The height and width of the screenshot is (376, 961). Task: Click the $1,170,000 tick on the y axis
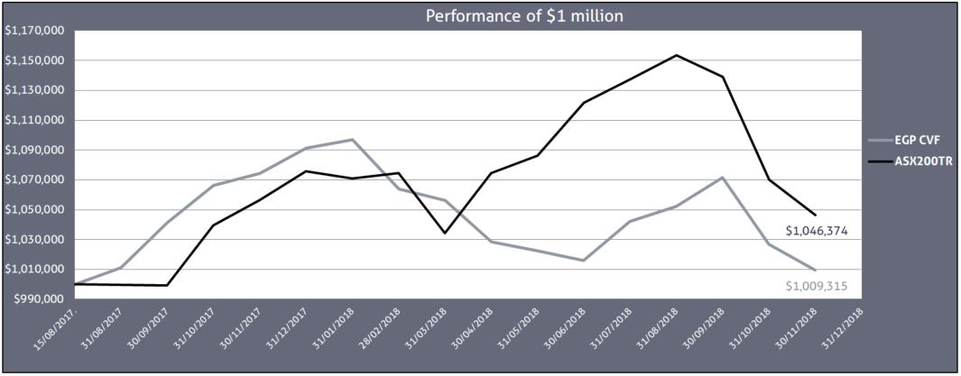(x=33, y=31)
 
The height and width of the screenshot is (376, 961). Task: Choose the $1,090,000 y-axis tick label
(x=33, y=150)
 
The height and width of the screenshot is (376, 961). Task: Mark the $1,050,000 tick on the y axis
(x=33, y=210)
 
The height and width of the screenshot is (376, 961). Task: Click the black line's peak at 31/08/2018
(x=676, y=55)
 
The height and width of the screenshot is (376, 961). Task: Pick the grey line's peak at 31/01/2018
(x=352, y=140)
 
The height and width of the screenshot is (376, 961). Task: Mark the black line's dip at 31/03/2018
(x=445, y=233)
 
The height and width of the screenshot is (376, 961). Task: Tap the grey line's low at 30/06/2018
(x=584, y=261)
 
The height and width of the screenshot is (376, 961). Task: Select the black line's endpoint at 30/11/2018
(x=816, y=215)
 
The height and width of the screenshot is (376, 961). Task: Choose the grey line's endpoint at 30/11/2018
(x=816, y=270)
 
